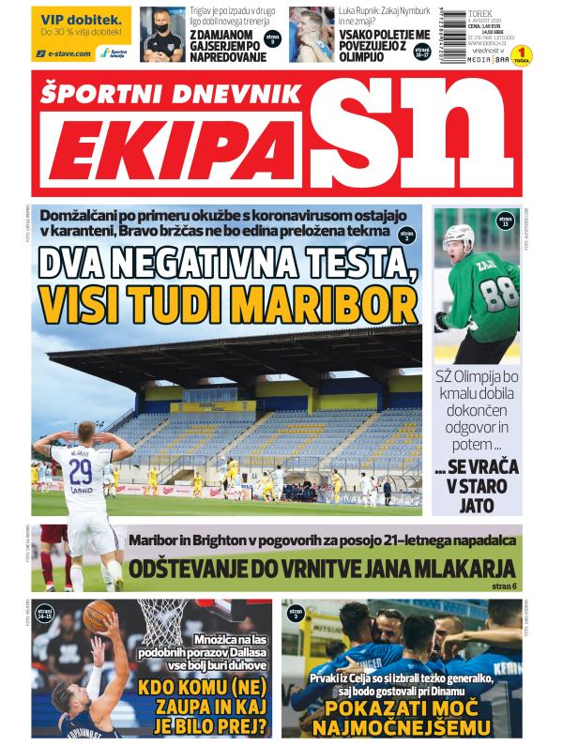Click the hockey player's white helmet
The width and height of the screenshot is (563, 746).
tap(460, 235)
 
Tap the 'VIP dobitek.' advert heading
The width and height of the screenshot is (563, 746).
tap(82, 19)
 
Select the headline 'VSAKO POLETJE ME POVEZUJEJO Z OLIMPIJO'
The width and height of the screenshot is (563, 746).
tap(373, 43)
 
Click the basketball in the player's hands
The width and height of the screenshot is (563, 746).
tap(99, 617)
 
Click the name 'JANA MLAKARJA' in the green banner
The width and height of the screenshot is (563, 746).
tap(438, 568)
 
